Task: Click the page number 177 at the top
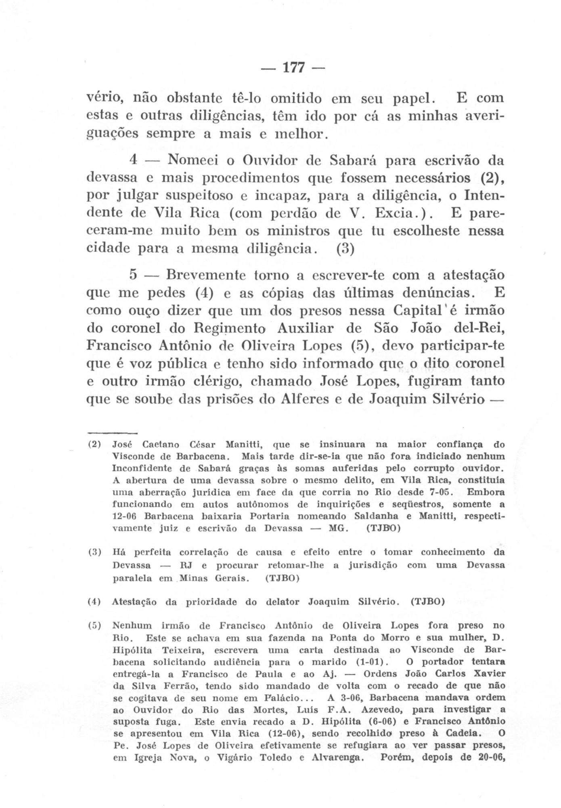[293, 67]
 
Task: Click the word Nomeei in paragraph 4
[193, 160]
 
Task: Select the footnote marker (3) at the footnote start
[94, 552]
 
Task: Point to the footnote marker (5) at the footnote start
[94, 626]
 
